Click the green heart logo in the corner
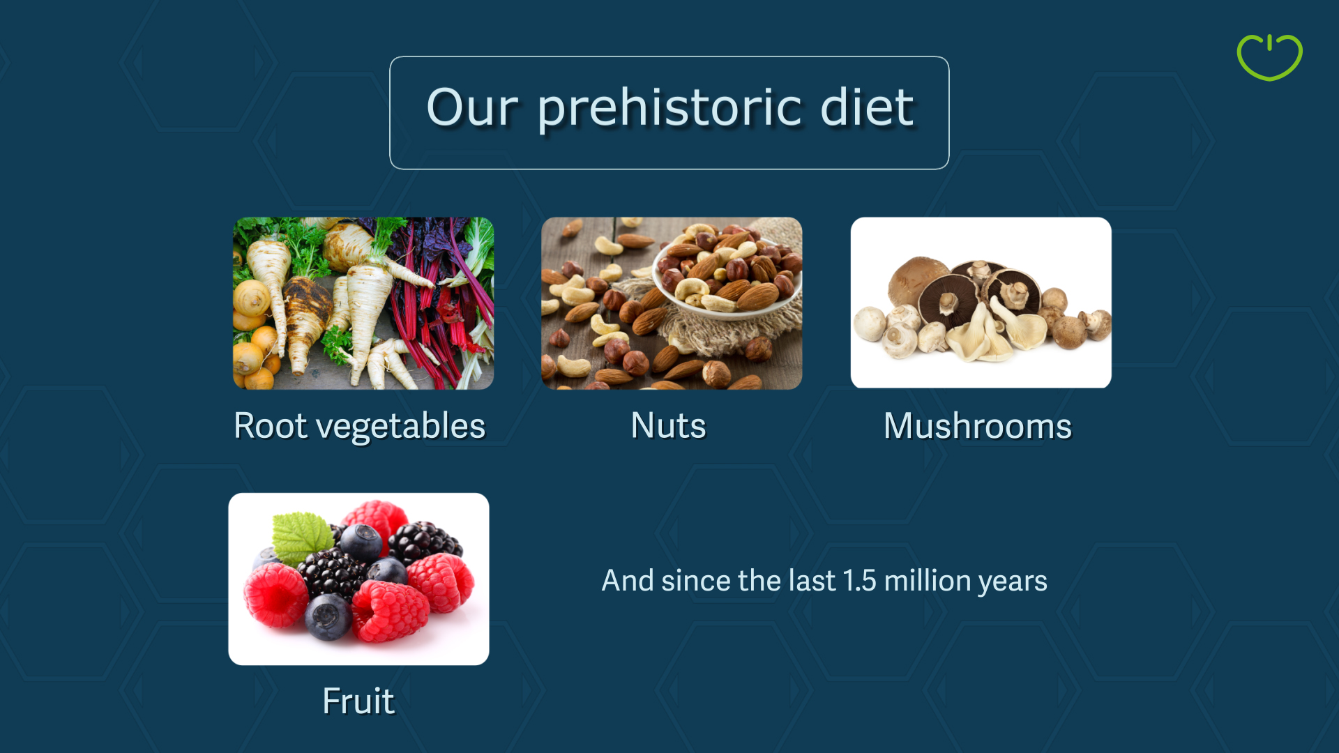point(1269,58)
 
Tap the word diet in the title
point(866,108)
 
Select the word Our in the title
point(472,108)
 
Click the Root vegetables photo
point(363,303)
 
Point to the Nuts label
point(668,425)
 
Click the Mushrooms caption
point(977,425)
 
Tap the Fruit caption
point(358,701)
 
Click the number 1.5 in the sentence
point(859,580)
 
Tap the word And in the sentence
point(628,580)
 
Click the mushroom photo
point(981,303)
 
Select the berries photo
point(358,579)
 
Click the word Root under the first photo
point(271,425)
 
